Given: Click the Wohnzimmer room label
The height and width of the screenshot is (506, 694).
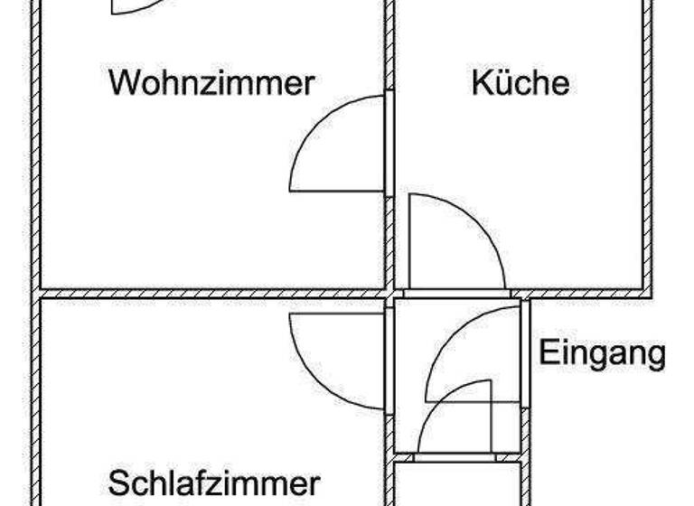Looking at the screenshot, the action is pyautogui.click(x=211, y=83).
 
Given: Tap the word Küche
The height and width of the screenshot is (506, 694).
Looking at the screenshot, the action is pyautogui.click(x=520, y=83).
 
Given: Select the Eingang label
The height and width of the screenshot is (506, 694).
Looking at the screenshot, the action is pyautogui.click(x=602, y=352).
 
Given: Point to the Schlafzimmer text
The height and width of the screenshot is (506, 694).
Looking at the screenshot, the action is pyautogui.click(x=214, y=483).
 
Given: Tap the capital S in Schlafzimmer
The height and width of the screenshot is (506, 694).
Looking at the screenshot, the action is pyautogui.click(x=117, y=483).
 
